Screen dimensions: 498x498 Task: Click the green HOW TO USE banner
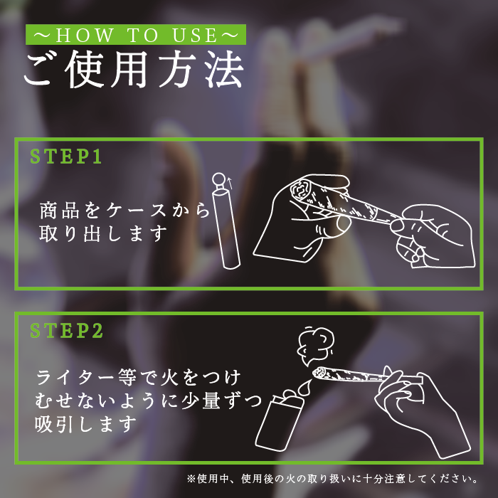pos(136,34)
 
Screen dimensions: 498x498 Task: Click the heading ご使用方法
pos(134,69)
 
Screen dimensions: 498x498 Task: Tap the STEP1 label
pos(66,157)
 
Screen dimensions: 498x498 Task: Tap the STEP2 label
pos(67,331)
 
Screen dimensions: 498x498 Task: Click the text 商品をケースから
pos(124,210)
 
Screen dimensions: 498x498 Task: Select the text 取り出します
pos(103,233)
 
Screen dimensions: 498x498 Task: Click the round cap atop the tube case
pos(218,179)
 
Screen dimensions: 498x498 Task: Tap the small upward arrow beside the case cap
pos(230,183)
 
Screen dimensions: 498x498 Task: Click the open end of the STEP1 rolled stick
pos(300,189)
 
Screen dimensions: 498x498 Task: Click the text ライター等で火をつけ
pos(138,378)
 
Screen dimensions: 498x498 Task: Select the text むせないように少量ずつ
pos(148,401)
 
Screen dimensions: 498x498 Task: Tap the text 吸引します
pos(85,424)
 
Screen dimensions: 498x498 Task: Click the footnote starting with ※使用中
pos(332,479)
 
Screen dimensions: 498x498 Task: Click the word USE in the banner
pos(195,35)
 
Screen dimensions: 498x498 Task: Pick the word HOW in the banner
pos(85,35)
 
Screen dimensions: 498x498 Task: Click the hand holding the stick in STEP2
pos(423,413)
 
